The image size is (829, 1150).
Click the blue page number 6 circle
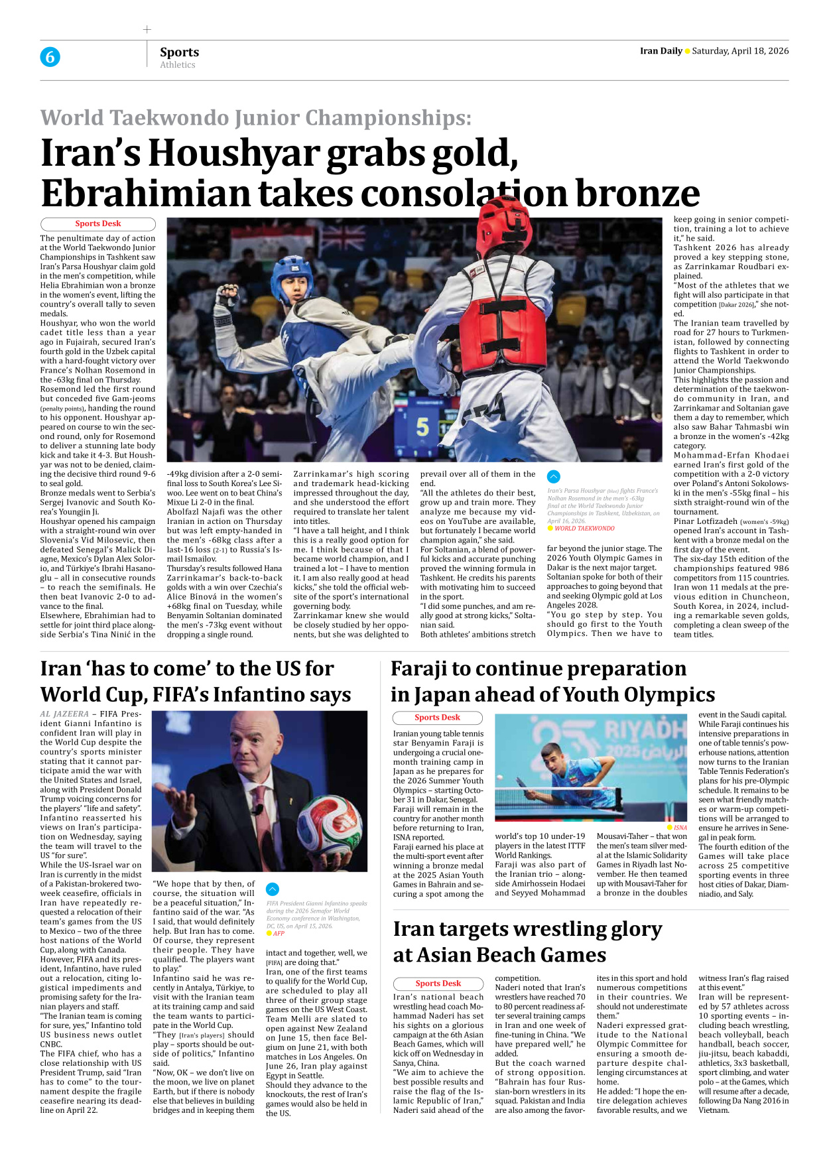click(50, 57)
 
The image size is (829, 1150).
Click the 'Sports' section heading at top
click(179, 52)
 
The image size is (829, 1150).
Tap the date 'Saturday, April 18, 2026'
click(740, 51)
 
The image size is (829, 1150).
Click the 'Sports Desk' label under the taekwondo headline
click(98, 224)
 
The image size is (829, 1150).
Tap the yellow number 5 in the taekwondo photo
click(422, 426)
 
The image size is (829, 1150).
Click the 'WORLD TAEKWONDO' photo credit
click(584, 529)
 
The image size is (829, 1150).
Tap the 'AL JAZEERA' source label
click(64, 714)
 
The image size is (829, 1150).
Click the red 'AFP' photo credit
click(279, 933)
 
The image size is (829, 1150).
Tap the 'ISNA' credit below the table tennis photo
click(680, 828)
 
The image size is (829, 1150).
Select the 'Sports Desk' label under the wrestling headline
click(438, 984)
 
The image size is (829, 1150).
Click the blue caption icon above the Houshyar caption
click(554, 476)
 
